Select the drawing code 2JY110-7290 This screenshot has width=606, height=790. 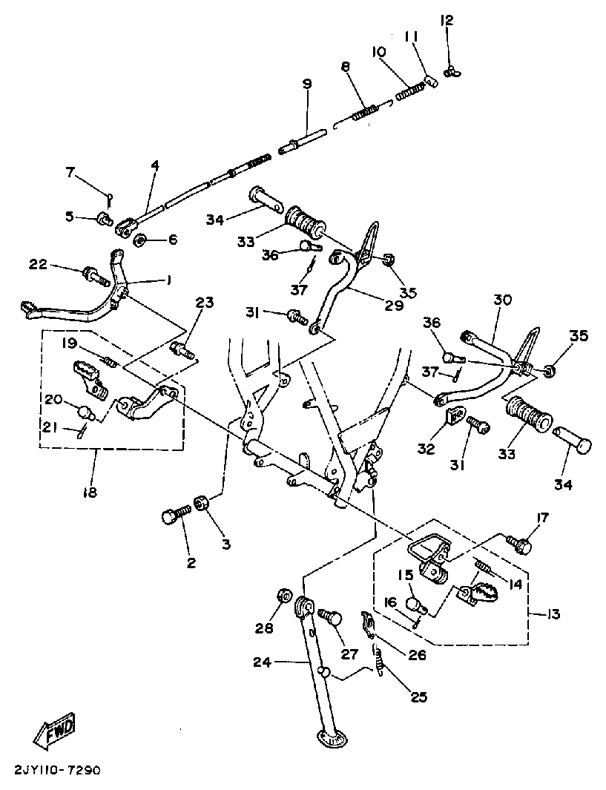tap(56, 770)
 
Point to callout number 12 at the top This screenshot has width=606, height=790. tap(447, 20)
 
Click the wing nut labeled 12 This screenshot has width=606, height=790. tap(450, 71)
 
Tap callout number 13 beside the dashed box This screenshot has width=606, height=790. tap(552, 614)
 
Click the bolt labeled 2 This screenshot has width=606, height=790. tap(172, 516)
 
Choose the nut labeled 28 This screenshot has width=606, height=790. tap(283, 595)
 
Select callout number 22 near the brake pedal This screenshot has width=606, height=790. tap(38, 265)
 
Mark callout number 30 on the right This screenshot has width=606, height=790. tap(503, 300)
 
